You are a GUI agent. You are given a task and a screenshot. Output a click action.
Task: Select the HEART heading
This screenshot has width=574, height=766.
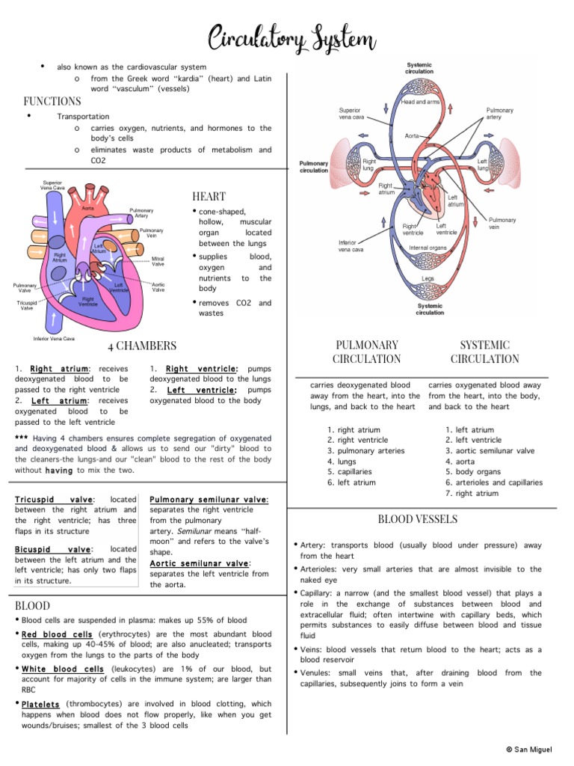pyautogui.click(x=209, y=196)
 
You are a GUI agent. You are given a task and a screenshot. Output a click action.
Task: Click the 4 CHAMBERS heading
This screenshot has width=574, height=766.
pyautogui.click(x=141, y=346)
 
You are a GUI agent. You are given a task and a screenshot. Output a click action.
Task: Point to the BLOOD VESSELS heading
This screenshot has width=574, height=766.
pyautogui.click(x=418, y=519)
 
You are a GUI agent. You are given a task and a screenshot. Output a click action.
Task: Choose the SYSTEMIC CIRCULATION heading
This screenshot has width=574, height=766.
pyautogui.click(x=485, y=352)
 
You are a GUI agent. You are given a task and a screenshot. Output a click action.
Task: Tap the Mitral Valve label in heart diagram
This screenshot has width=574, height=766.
pyautogui.click(x=158, y=261)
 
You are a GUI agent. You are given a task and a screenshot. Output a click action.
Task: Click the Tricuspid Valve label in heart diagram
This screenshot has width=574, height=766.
pyautogui.click(x=26, y=305)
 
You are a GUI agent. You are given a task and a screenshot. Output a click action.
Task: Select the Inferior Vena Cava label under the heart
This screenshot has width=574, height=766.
pyautogui.click(x=54, y=338)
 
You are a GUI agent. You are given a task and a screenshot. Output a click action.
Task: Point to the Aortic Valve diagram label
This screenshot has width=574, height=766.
pyautogui.click(x=158, y=287)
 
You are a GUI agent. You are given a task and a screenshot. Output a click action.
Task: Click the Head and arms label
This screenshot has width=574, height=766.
pyautogui.click(x=421, y=102)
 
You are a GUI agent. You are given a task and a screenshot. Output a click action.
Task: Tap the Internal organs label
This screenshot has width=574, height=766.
pyautogui.click(x=428, y=248)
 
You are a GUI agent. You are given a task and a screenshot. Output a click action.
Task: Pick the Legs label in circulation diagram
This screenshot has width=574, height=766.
pyautogui.click(x=428, y=278)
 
